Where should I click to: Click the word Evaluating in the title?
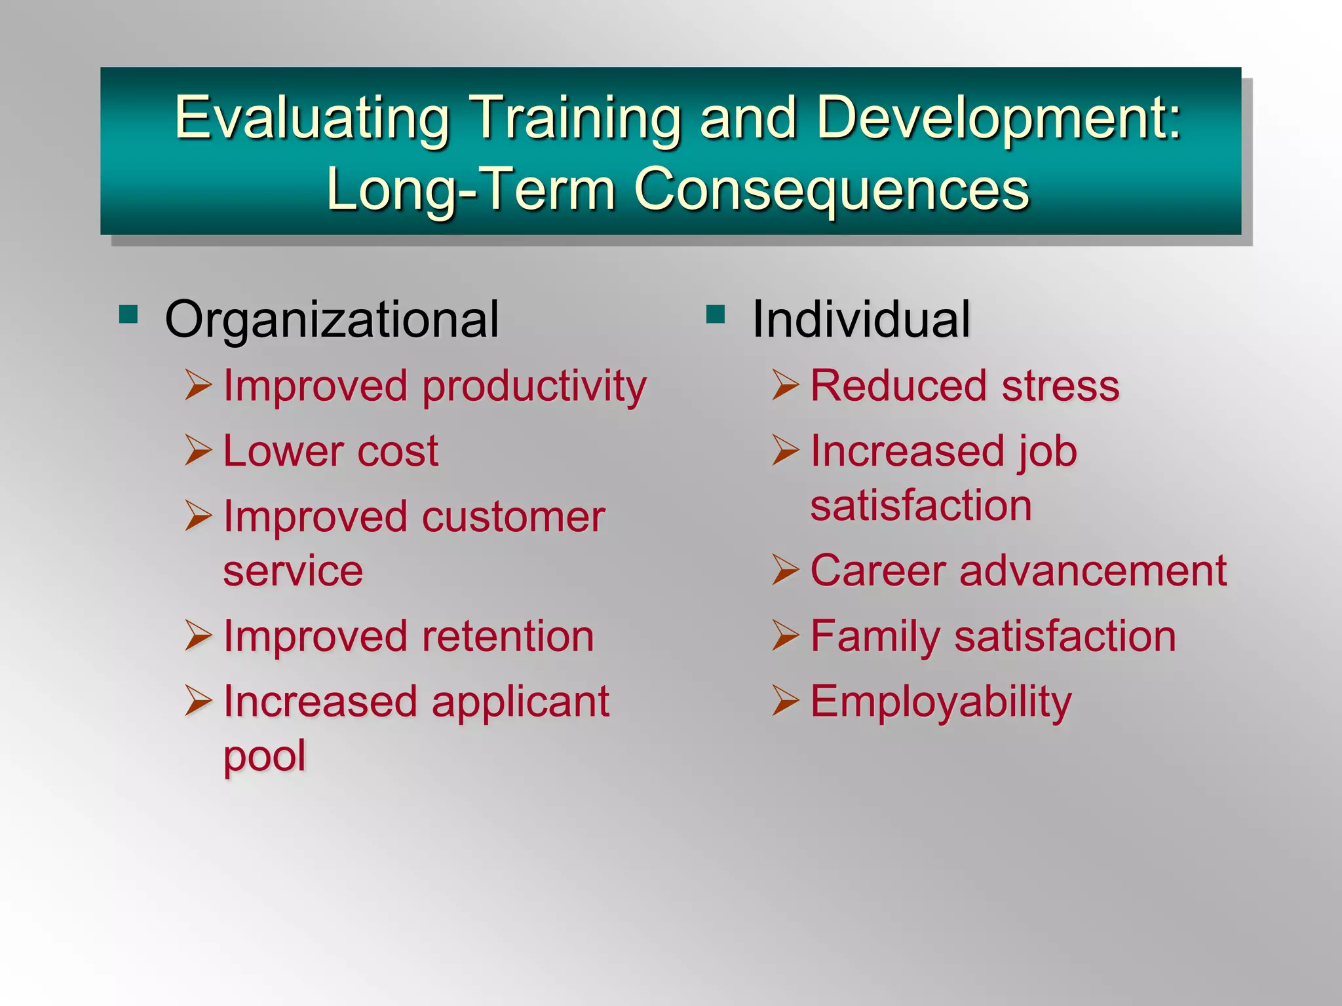coord(312,119)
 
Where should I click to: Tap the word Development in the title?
coord(990,119)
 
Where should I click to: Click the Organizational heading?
coord(332,320)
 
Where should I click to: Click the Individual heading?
coord(860,320)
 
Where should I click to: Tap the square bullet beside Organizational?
coord(128,315)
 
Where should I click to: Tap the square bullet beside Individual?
coord(716,315)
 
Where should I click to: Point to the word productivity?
coord(534,386)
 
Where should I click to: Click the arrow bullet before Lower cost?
coord(198,450)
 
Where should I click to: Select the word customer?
coord(513,517)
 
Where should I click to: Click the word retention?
coord(508,637)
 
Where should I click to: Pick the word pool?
coord(265,756)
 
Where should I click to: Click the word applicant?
coord(520,702)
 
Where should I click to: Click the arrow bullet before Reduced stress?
coord(785,384)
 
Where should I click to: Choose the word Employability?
coord(941,702)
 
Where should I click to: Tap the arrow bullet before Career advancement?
coord(785,569)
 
